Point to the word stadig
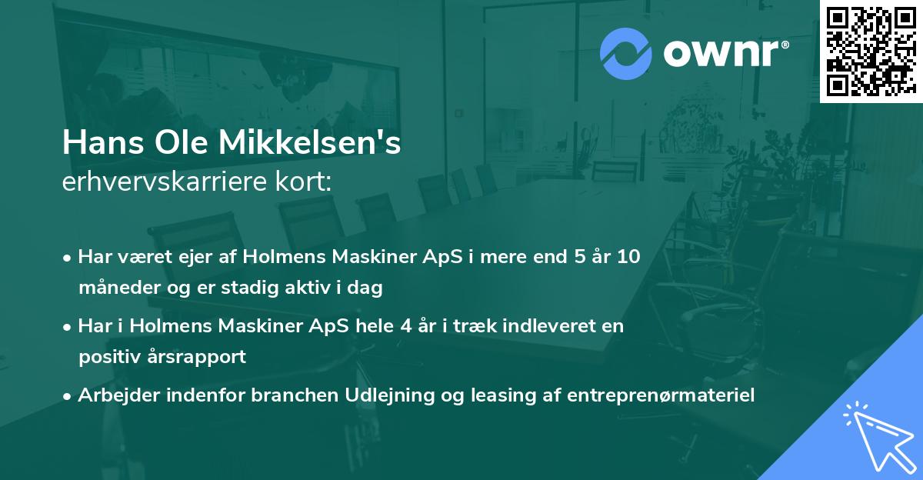click(253, 288)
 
